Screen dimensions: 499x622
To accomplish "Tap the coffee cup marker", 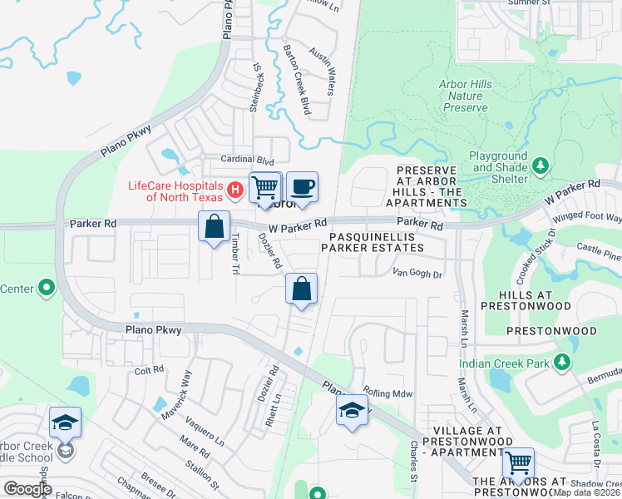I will coord(301,187).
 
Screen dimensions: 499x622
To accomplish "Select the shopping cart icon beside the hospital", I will coord(265,187).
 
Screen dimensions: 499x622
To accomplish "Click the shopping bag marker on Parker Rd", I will coord(215,226).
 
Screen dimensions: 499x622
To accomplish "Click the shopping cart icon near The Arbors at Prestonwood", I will coord(519,462).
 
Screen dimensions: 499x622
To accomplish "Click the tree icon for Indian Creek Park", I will coord(563,363).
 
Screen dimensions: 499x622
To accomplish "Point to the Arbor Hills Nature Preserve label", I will coord(465,96).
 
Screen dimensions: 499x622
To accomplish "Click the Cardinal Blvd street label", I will coord(247,159).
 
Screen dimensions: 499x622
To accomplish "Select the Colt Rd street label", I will coord(150,371).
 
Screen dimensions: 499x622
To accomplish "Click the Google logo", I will coord(28,488).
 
